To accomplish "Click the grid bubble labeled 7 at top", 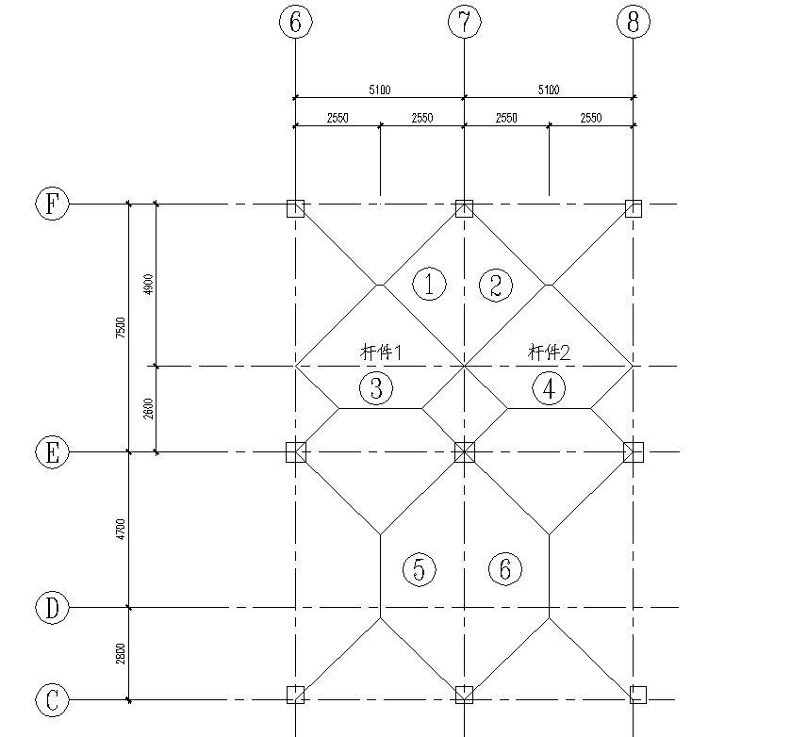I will [x=464, y=23].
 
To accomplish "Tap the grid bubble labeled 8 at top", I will [x=633, y=23].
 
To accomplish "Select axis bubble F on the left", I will [x=53, y=204].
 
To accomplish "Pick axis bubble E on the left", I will [x=53, y=452].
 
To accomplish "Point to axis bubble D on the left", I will [x=53, y=608].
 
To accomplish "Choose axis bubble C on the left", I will [x=53, y=700].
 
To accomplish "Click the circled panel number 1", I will [x=430, y=284].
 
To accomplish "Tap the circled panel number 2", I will [x=496, y=284].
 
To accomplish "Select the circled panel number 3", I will [x=375, y=387].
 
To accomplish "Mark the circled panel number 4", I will [x=549, y=387].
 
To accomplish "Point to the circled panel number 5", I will [x=419, y=569].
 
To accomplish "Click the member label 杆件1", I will [x=382, y=352].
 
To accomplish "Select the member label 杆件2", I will [x=550, y=352].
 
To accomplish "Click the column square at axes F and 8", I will [x=634, y=208].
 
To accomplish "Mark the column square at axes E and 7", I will [x=464, y=452].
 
